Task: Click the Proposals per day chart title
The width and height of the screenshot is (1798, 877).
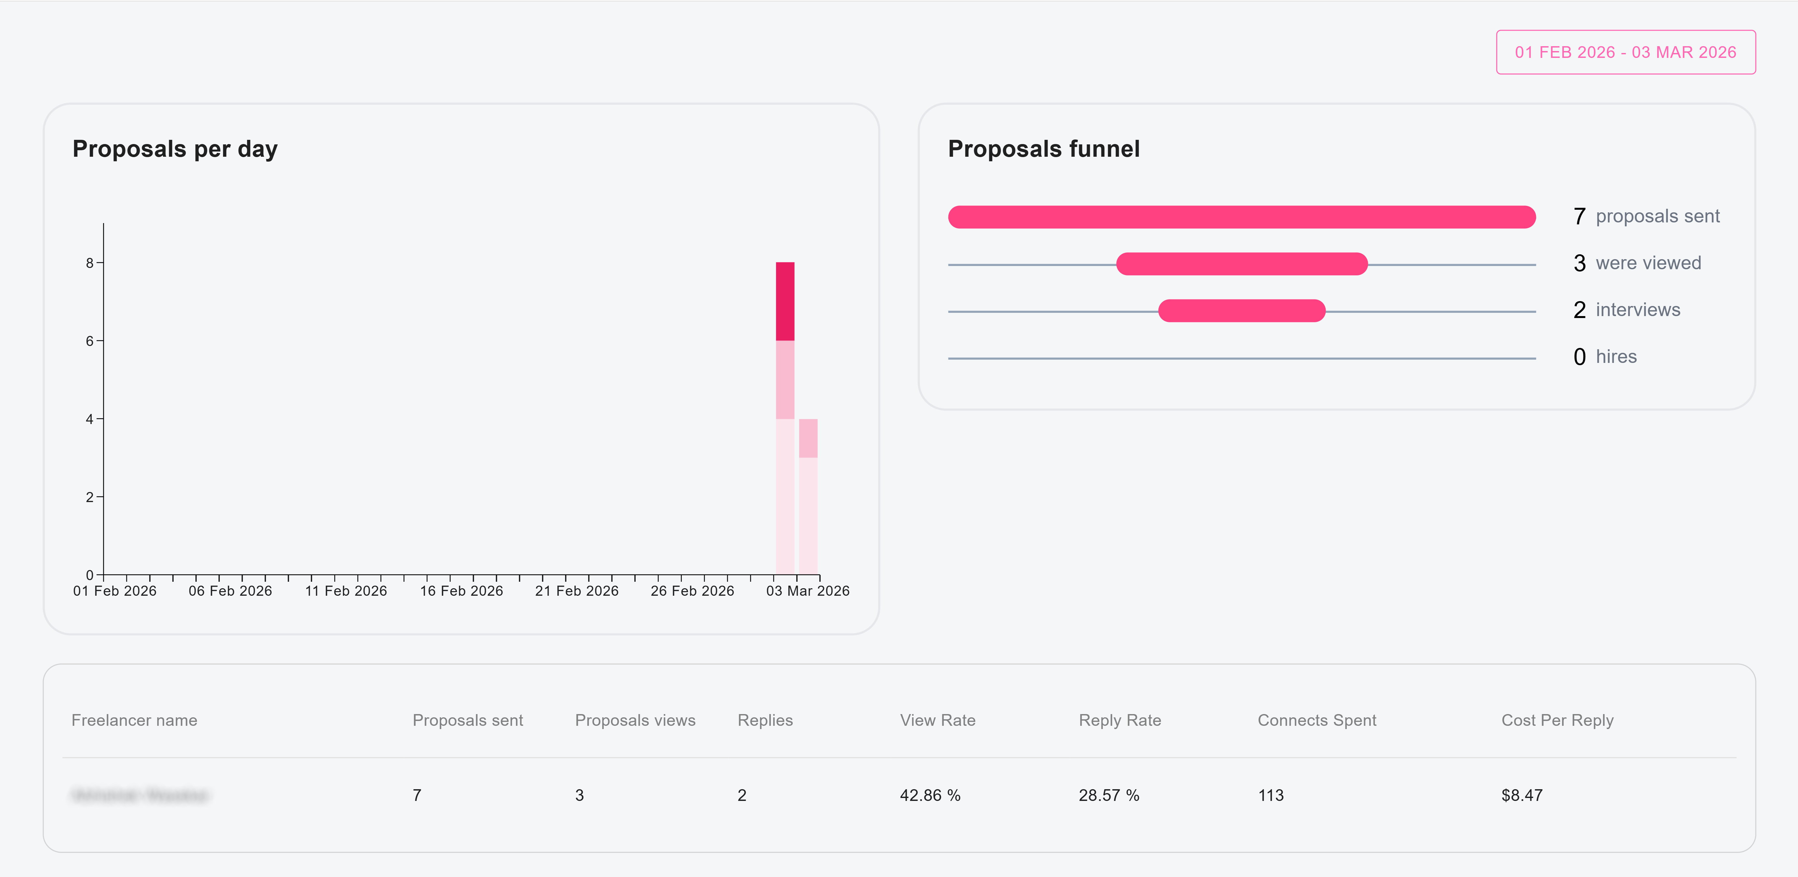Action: tap(175, 149)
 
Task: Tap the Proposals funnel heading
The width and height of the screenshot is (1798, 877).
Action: tap(1043, 149)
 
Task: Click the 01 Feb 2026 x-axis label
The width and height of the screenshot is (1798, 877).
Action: tap(114, 591)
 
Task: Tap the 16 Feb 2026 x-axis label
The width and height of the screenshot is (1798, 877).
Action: tap(461, 591)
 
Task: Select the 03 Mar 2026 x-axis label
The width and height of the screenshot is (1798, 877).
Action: tap(808, 591)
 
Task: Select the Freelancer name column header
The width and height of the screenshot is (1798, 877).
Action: tap(134, 720)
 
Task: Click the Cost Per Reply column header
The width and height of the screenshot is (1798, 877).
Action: tap(1557, 720)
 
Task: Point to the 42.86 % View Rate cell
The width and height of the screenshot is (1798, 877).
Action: tap(930, 795)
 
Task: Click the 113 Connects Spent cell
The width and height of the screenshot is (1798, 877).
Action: tap(1270, 795)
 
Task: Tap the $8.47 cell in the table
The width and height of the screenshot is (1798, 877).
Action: tap(1522, 795)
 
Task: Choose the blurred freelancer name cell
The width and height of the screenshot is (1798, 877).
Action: tap(139, 795)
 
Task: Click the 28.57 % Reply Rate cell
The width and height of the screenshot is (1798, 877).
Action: tap(1108, 795)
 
